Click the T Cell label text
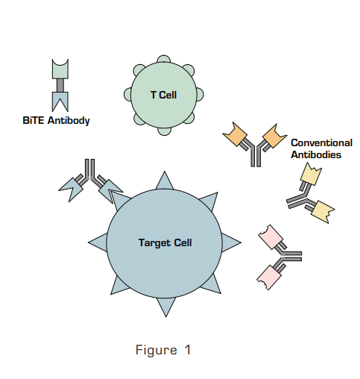pyautogui.click(x=162, y=94)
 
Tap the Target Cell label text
pyautogui.click(x=165, y=242)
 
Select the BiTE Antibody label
pyautogui.click(x=56, y=120)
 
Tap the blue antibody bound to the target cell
pyautogui.click(x=91, y=183)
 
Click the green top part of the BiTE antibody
pyautogui.click(x=60, y=69)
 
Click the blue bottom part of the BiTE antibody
pyautogui.click(x=60, y=101)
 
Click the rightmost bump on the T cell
pyautogui.click(x=199, y=94)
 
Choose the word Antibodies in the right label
pyautogui.click(x=316, y=154)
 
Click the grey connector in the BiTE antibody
pyautogui.click(x=60, y=85)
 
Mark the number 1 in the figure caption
pyautogui.click(x=187, y=350)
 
